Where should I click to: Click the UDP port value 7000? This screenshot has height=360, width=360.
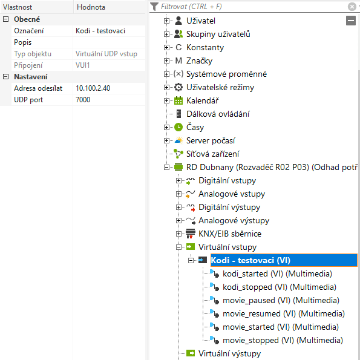[x=83, y=100]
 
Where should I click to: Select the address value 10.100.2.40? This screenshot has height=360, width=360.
[x=93, y=88]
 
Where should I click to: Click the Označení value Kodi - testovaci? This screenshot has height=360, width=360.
[x=100, y=31]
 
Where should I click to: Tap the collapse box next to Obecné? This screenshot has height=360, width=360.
[x=5, y=19]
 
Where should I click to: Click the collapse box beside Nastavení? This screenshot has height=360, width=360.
[x=5, y=76]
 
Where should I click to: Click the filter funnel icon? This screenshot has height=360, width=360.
[x=154, y=7]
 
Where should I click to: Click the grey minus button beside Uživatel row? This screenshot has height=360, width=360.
[x=350, y=21]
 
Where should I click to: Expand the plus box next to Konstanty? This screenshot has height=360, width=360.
[x=166, y=48]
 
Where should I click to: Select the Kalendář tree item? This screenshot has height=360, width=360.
[x=202, y=100]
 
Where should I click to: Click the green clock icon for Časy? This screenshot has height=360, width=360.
[x=178, y=127]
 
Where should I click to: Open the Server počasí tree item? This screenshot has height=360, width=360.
[x=211, y=140]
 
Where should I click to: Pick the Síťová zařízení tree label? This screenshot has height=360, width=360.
[x=212, y=154]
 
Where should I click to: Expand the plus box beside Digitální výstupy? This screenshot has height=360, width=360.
[x=178, y=208]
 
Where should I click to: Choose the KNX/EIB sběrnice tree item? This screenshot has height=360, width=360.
[x=230, y=234]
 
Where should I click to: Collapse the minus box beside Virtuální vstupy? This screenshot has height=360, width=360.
[x=178, y=247]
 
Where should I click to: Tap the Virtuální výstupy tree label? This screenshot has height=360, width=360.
[x=229, y=353]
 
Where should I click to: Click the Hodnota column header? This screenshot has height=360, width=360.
[x=91, y=7]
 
